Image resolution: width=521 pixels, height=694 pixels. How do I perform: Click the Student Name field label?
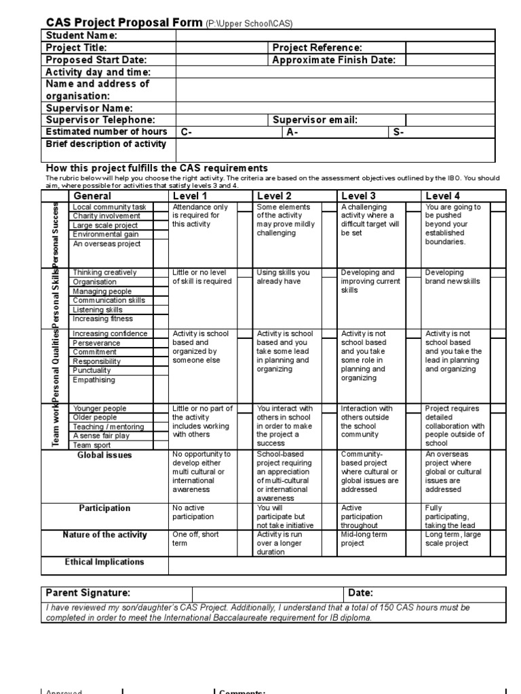81,35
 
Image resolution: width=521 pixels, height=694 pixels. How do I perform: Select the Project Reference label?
317,47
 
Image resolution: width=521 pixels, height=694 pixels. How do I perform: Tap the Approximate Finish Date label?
334,60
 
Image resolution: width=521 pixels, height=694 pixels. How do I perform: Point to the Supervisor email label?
315,120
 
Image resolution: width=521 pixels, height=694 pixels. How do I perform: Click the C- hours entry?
186,132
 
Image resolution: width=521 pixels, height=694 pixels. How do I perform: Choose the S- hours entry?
399,132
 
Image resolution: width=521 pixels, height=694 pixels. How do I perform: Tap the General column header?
92,197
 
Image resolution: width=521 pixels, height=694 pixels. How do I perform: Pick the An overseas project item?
107,243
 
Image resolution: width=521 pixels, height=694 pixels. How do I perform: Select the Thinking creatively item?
104,272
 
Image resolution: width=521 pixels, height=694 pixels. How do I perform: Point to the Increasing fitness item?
102,319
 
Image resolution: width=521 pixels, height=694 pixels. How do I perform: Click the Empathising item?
94,380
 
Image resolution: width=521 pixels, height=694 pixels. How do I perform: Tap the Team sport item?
92,445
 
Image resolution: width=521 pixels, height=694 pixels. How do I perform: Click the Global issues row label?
104,455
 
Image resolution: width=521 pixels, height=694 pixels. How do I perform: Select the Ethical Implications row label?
104,562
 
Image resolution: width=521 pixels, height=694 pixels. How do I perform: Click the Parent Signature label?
88,593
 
